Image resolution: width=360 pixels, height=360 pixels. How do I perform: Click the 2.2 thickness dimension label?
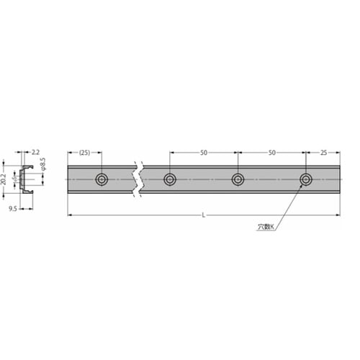35,152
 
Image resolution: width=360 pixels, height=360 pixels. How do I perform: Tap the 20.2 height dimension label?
4,179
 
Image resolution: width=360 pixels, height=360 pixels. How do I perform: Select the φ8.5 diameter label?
42,164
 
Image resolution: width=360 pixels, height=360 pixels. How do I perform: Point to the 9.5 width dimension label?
13,209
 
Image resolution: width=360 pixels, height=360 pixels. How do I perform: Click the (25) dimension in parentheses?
84,153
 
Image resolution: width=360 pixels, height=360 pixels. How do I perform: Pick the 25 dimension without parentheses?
323,153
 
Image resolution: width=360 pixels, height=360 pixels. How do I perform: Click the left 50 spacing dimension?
204,153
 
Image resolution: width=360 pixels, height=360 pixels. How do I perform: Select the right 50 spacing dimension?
271,153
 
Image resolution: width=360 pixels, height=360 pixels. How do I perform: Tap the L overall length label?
204,215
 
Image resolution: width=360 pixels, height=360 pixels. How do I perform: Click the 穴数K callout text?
266,227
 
